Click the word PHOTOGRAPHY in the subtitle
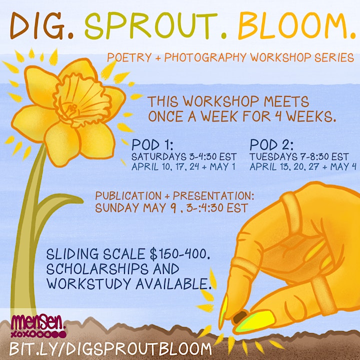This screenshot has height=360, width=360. (x=205, y=57)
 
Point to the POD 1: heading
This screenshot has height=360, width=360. (x=152, y=145)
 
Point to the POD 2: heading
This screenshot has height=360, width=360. (x=271, y=145)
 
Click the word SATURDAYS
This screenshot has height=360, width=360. (x=158, y=157)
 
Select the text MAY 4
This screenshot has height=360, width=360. (x=343, y=166)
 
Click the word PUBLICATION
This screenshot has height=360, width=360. (x=128, y=196)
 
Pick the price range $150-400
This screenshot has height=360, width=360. (x=180, y=254)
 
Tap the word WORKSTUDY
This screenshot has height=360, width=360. (x=89, y=283)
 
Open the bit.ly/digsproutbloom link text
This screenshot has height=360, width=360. (x=110, y=348)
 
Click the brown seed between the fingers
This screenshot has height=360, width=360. (x=240, y=317)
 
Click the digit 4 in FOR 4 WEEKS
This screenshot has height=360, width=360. (x=278, y=116)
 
